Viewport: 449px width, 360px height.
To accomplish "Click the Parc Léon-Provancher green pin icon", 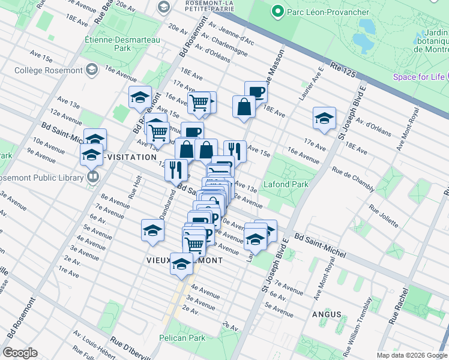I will click(277, 11).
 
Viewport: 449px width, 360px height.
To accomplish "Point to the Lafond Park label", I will click(288, 184).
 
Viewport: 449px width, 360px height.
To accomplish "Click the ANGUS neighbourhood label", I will click(327, 314).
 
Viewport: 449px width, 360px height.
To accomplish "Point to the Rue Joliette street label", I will click(384, 217).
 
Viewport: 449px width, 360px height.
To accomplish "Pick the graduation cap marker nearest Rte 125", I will click(324, 117).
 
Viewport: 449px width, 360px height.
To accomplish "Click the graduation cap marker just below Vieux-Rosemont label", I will click(181, 264).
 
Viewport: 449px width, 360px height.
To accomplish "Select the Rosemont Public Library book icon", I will click(92, 176).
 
